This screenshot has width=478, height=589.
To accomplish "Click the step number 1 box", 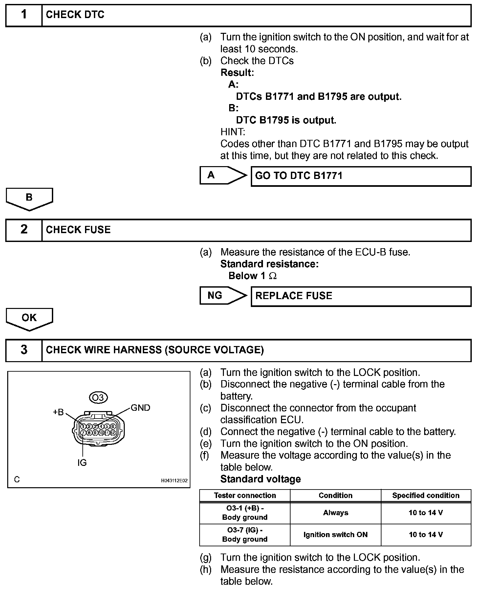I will click(24, 15).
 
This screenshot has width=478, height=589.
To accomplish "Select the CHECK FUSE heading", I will click(78, 229).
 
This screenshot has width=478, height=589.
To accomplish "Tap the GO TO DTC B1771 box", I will click(361, 176).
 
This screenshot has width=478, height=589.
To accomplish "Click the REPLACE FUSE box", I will click(361, 296).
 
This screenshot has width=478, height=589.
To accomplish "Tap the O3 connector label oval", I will click(98, 398).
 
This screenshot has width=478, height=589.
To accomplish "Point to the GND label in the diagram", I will click(141, 408).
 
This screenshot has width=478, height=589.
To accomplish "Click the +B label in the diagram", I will click(58, 412).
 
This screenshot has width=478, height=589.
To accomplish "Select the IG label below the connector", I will click(82, 463).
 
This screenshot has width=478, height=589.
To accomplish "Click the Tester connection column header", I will click(245, 495).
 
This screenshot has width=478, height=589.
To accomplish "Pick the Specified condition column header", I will click(426, 495).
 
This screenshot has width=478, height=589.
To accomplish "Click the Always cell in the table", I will click(336, 513).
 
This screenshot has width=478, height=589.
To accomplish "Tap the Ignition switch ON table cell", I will click(336, 534).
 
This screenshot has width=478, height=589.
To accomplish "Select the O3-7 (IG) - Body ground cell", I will click(245, 534).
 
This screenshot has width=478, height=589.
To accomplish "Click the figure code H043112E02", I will click(174, 480).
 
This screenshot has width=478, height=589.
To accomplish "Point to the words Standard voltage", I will click(260, 479).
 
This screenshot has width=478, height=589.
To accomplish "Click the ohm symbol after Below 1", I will click(273, 276).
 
